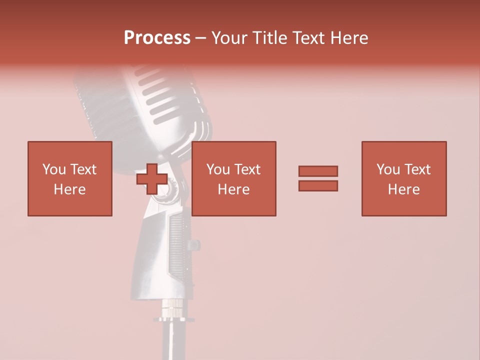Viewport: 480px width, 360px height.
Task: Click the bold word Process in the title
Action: (x=157, y=38)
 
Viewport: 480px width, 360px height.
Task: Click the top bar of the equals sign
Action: (x=318, y=171)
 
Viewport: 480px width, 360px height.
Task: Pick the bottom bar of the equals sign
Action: (x=318, y=186)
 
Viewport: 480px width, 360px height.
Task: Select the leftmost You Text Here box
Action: (x=69, y=178)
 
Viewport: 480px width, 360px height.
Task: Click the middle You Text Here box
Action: (x=233, y=178)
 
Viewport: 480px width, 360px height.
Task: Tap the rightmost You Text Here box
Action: (x=403, y=178)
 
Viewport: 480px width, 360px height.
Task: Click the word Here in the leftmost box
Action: (x=69, y=189)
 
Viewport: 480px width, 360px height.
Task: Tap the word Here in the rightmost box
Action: (x=403, y=189)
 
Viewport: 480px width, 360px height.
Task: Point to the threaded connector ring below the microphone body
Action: (x=170, y=310)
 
